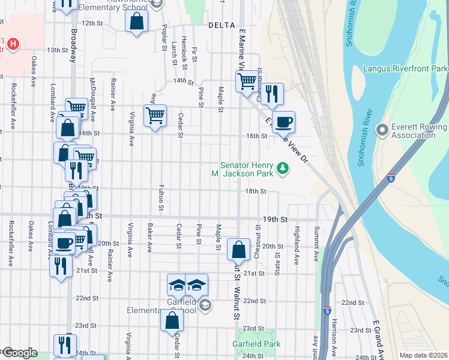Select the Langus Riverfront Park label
(405, 69)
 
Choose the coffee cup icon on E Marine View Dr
(283, 122)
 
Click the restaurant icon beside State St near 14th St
(271, 93)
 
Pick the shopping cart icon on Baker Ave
(155, 115)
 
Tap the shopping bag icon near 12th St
(137, 22)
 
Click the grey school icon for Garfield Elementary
(205, 306)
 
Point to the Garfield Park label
(256, 344)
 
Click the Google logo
(19, 353)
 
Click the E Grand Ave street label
(377, 336)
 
